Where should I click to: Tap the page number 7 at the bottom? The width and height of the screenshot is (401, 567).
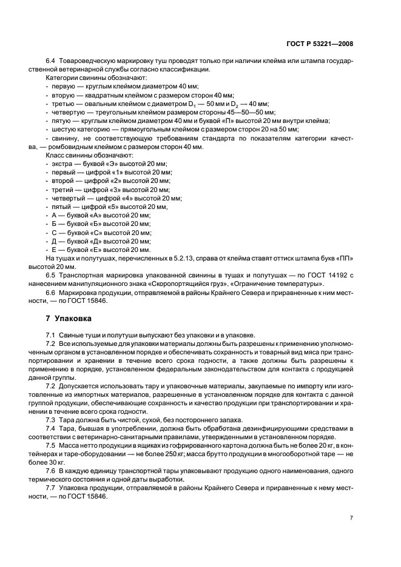(352, 518)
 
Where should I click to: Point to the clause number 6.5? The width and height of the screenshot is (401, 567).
(51, 275)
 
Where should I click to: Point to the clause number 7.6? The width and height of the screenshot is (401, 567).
(51, 471)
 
